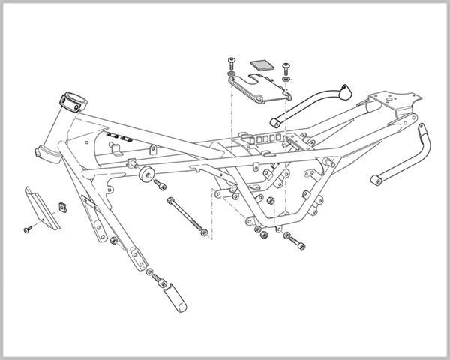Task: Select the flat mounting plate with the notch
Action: coord(258,86)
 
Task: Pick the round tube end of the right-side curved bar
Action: coord(378,181)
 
